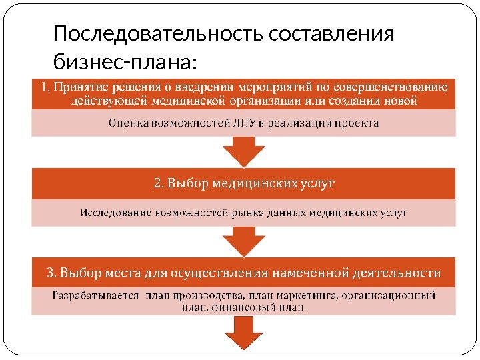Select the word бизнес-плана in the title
(x=124, y=62)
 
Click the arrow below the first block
(x=244, y=151)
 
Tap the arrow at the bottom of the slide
(x=244, y=331)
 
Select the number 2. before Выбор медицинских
(x=159, y=183)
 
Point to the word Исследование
(x=115, y=213)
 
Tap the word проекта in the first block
(x=359, y=123)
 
